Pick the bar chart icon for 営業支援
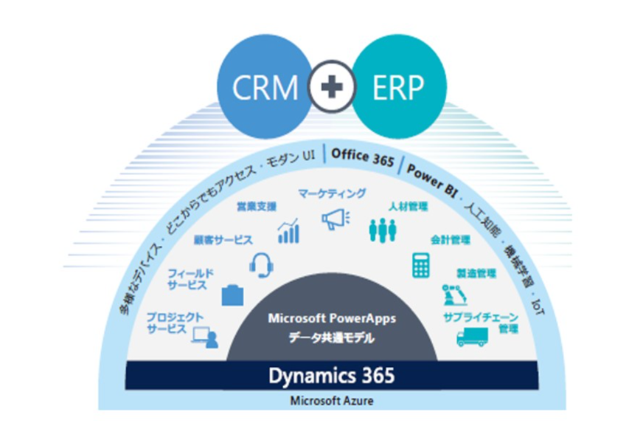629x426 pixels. (288, 231)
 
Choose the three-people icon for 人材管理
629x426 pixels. (383, 230)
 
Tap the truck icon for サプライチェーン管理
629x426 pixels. (472, 337)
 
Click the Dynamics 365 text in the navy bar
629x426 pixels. (331, 375)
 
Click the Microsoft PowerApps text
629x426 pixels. (332, 319)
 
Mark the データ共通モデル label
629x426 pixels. (332, 338)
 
